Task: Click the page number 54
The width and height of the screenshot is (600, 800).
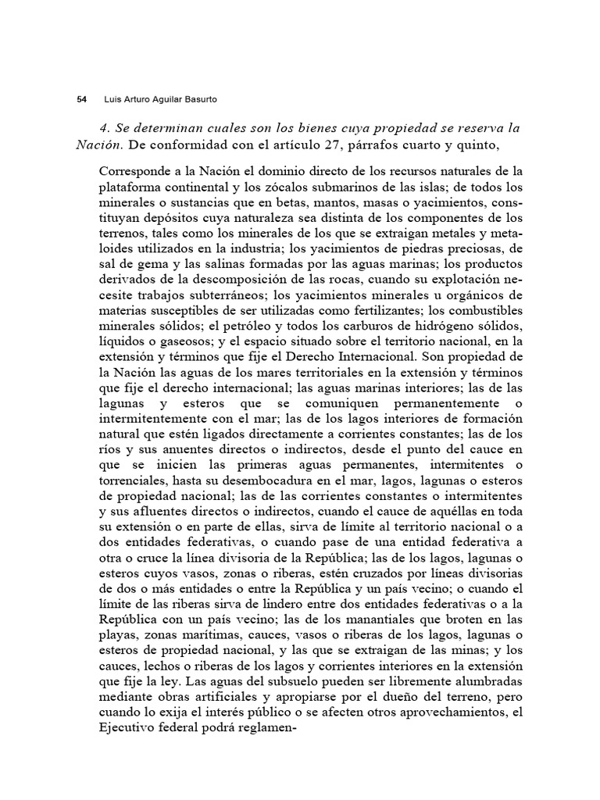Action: click(x=81, y=99)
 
